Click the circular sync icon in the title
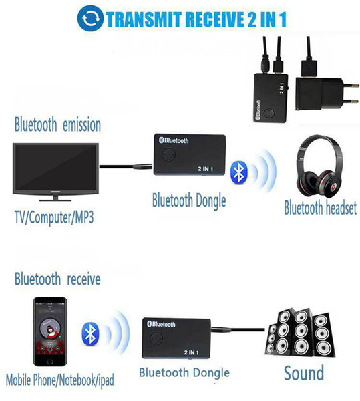(90, 19)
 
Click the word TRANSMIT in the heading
(144, 19)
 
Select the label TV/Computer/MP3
(54, 218)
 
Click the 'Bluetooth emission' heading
(57, 124)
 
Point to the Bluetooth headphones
(320, 166)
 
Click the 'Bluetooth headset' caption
(321, 208)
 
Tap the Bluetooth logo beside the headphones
(238, 172)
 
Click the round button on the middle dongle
(168, 154)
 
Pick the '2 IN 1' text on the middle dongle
(206, 169)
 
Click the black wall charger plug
(327, 94)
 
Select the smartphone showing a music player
(50, 331)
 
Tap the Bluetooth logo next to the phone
(90, 333)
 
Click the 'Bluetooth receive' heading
(57, 279)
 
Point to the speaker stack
(299, 333)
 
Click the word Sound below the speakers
(304, 373)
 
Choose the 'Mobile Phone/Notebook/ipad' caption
(60, 380)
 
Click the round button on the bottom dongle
(156, 339)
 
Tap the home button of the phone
(50, 361)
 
